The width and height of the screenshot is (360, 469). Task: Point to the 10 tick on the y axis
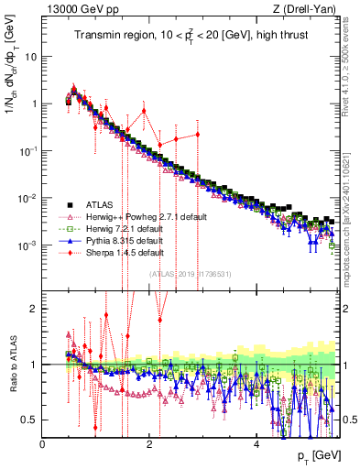coord(32,56)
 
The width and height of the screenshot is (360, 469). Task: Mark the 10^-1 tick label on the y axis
coord(28,151)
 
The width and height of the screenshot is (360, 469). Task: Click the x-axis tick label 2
coord(150,443)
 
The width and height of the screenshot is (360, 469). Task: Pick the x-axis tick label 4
coord(256,443)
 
